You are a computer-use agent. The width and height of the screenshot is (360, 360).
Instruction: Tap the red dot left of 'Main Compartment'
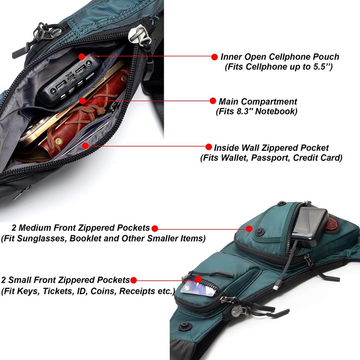(x=213, y=101)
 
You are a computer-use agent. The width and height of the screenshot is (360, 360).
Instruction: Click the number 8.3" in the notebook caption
(x=244, y=111)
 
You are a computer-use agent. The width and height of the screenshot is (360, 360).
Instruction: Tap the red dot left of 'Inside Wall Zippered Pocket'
(x=209, y=147)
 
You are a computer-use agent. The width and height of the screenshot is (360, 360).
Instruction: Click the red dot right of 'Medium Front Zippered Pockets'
(x=155, y=229)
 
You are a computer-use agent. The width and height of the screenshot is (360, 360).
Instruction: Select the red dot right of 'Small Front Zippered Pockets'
(x=133, y=280)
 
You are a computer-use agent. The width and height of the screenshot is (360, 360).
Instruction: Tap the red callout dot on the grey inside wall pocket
(x=85, y=145)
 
